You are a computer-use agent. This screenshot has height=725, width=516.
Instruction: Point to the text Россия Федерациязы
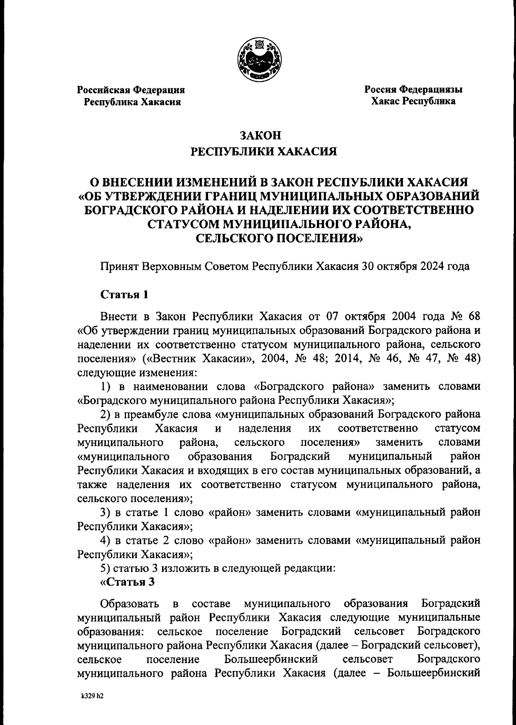(x=413, y=90)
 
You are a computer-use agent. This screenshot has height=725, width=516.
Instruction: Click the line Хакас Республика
(x=413, y=102)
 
